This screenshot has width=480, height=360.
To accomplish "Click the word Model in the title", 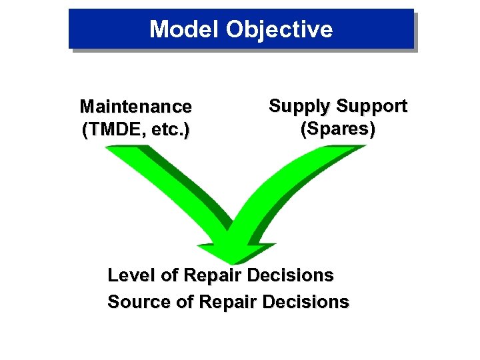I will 184,29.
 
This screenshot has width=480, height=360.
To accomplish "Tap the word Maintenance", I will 135,107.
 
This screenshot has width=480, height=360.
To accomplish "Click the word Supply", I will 299,106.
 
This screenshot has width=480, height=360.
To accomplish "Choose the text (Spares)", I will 337,129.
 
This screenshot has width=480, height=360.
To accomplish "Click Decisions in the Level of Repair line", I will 293,275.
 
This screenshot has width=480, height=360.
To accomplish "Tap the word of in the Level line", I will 170,275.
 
